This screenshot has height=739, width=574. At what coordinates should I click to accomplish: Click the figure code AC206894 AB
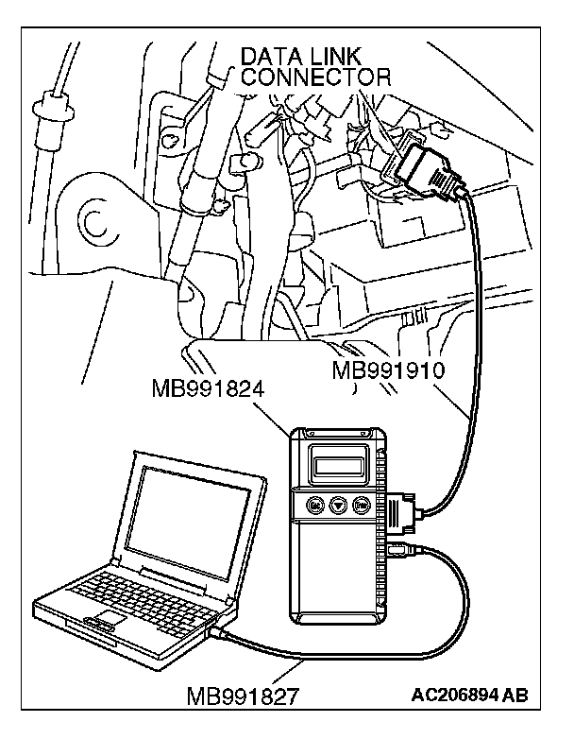pos(470,696)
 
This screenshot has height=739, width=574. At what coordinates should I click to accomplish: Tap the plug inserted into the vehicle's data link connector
pos(432,174)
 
